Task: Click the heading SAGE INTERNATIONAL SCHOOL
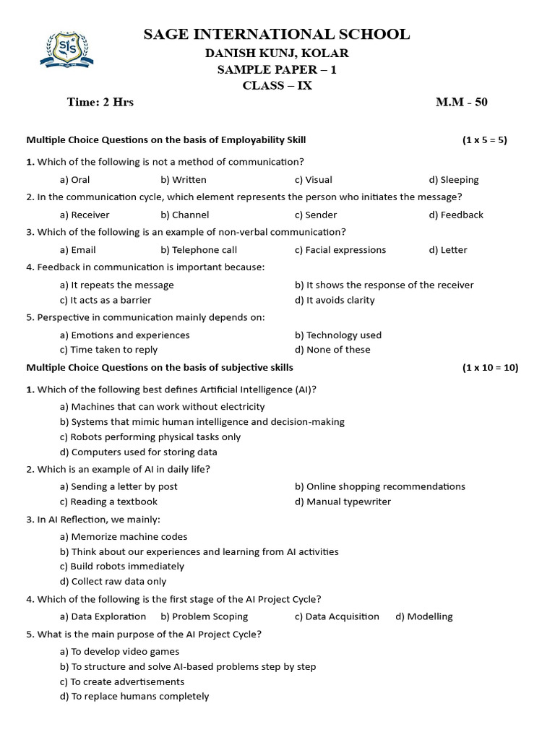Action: point(277,34)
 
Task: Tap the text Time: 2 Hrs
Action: point(100,102)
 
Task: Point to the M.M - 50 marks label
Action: point(461,102)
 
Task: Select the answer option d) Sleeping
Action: point(454,180)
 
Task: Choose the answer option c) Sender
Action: point(316,215)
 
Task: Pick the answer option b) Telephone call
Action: point(199,250)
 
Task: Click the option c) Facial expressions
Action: point(340,250)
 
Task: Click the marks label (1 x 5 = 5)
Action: point(485,140)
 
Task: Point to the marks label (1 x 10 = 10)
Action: point(490,368)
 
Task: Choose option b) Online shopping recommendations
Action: point(380,486)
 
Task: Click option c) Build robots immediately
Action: point(122,567)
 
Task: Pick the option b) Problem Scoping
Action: point(205,616)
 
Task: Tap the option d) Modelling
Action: point(424,616)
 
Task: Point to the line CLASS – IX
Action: point(277,86)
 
